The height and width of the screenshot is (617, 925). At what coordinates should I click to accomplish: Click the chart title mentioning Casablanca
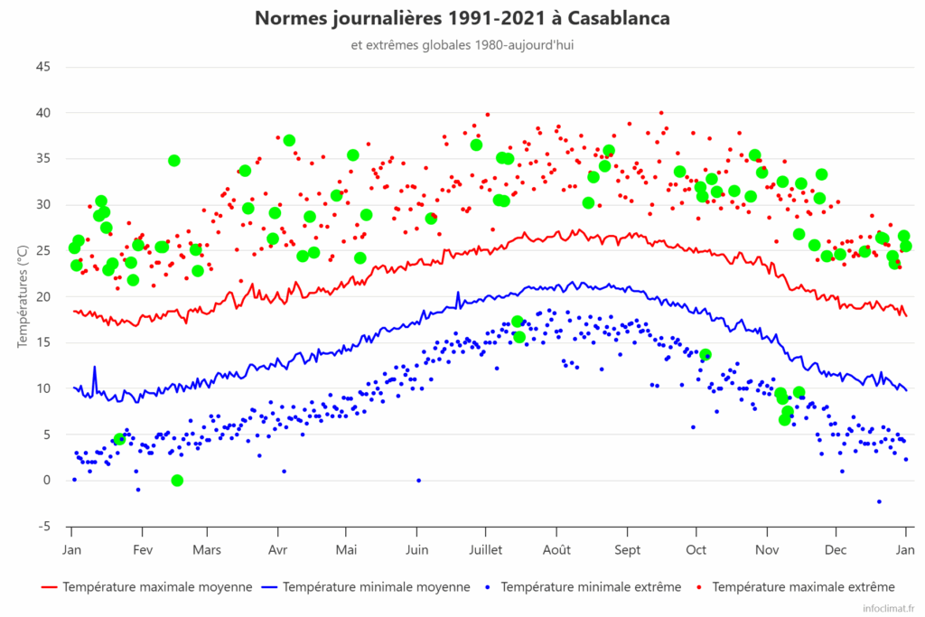(462, 18)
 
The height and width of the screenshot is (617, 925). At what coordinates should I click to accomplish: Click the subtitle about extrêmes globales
(462, 44)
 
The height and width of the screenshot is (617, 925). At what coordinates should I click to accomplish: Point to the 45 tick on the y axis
(43, 67)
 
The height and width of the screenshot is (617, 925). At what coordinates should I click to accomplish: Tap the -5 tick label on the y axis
(43, 526)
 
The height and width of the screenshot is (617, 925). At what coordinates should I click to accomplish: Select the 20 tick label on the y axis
(43, 296)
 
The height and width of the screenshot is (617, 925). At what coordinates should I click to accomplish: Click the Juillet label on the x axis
(486, 549)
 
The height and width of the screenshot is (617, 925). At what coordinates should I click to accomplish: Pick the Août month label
(556, 549)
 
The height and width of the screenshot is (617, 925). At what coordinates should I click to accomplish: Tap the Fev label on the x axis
(143, 549)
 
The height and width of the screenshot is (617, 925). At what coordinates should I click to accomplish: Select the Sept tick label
(628, 549)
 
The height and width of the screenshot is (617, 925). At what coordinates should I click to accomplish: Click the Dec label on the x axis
(836, 549)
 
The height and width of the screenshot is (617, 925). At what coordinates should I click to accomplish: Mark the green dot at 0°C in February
(177, 481)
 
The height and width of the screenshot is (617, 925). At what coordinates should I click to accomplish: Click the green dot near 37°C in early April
(289, 141)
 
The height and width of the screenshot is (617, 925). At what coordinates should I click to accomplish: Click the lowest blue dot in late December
(879, 501)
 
